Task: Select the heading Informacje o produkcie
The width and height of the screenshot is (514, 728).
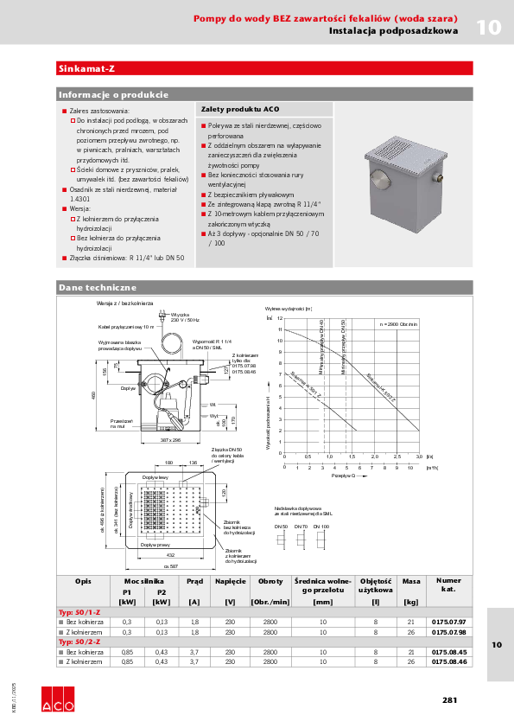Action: pyautogui.click(x=112, y=94)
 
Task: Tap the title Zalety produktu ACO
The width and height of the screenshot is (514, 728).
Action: pyautogui.click(x=239, y=110)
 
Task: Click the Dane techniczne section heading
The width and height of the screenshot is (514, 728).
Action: pyautogui.click(x=97, y=286)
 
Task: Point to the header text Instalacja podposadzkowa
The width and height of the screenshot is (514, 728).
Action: pyautogui.click(x=393, y=31)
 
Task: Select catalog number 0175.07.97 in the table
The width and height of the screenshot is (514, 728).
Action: pyautogui.click(x=447, y=622)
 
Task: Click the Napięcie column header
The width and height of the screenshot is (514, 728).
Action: pyautogui.click(x=231, y=582)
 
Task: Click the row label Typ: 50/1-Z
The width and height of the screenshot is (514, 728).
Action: pyautogui.click(x=79, y=612)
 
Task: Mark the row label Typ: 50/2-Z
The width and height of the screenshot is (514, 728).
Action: pyautogui.click(x=79, y=642)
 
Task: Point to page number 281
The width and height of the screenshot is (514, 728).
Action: pyautogui.click(x=449, y=700)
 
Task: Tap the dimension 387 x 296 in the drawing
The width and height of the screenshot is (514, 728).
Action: pyautogui.click(x=175, y=440)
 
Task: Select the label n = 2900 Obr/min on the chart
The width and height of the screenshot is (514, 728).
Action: pyautogui.click(x=399, y=323)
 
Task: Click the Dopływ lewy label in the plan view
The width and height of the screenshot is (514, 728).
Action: pyautogui.click(x=155, y=478)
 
